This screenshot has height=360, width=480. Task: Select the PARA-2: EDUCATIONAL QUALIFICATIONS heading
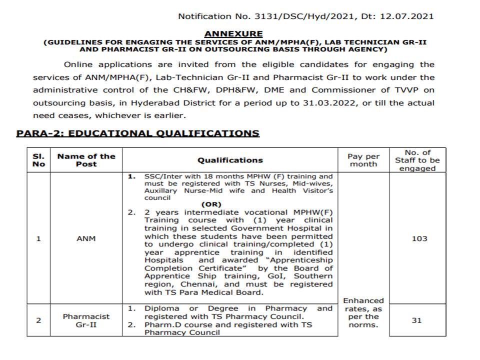138,133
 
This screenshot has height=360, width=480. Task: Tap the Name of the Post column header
86,160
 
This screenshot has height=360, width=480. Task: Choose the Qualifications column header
230,160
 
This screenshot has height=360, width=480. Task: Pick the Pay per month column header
363,160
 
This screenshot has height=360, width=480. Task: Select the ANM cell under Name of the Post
86,238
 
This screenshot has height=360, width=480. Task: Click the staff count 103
419,238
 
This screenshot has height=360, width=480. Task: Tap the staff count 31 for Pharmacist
416,320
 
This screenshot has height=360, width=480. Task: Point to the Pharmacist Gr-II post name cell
86,320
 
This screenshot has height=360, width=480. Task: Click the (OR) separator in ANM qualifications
211,204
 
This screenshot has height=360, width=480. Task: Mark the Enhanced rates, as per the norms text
363,312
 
